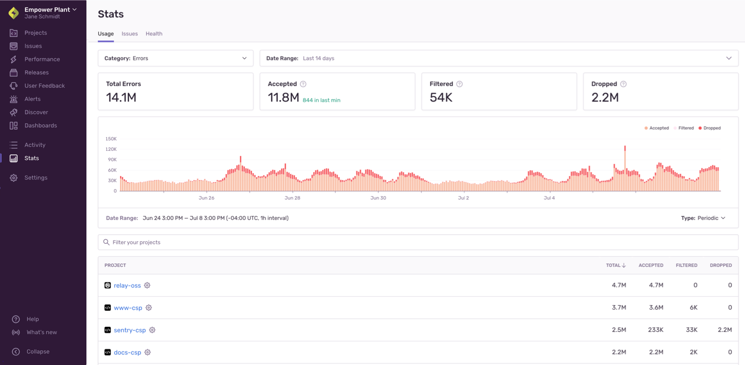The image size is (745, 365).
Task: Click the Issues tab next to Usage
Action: (x=130, y=34)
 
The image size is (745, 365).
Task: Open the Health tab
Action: (x=154, y=34)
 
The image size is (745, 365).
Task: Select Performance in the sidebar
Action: (x=42, y=59)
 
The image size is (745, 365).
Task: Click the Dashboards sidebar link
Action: (x=41, y=126)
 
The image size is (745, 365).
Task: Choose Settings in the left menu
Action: (x=36, y=178)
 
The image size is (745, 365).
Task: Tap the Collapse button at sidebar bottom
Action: (x=38, y=352)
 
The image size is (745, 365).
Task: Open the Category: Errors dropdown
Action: (x=175, y=58)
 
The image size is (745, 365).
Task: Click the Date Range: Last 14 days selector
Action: (x=499, y=58)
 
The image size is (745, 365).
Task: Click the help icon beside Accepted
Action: (x=303, y=84)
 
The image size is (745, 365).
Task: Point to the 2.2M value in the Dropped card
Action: (x=605, y=98)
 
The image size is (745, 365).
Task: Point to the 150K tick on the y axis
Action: (x=111, y=139)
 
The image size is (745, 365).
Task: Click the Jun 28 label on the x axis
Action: (x=292, y=198)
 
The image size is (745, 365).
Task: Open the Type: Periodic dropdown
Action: (x=703, y=218)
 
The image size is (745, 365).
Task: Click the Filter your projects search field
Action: (x=418, y=242)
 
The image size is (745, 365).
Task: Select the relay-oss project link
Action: (x=127, y=286)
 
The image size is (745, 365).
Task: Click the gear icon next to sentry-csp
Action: (x=152, y=330)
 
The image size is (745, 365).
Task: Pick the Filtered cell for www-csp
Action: (x=693, y=308)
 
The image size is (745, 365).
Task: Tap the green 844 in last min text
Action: (x=321, y=100)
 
